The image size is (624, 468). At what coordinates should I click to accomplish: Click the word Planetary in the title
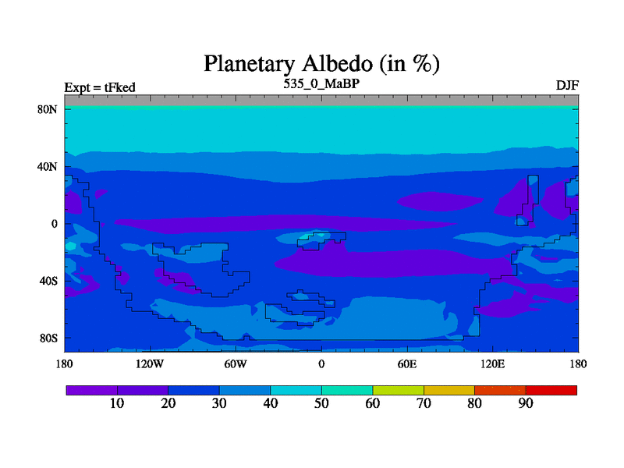(249, 64)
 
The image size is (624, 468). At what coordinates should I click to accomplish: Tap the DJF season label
(567, 86)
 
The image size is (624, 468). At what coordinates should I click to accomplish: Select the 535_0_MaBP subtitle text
(321, 83)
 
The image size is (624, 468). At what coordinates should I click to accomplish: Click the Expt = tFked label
(100, 87)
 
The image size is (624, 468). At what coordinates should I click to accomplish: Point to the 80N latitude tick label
(48, 109)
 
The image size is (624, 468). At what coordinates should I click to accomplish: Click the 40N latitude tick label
(48, 167)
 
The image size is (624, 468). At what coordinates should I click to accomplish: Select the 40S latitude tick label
(48, 281)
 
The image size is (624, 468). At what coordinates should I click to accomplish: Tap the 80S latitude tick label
(48, 339)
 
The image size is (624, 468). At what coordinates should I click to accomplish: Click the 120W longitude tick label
(150, 363)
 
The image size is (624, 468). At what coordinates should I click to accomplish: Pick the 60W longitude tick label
(236, 363)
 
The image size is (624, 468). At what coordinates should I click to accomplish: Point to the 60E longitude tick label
(407, 363)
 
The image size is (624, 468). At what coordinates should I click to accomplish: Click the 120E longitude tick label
(493, 363)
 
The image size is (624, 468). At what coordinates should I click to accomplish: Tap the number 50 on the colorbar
(321, 403)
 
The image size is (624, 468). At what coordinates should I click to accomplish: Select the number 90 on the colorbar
(526, 403)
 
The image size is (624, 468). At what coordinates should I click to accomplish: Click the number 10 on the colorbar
(117, 403)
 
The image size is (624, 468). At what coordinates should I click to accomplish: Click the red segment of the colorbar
(551, 391)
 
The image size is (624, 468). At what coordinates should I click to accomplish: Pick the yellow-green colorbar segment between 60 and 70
(399, 391)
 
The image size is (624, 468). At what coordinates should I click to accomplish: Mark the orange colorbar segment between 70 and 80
(449, 391)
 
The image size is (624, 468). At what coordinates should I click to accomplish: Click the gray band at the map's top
(321, 101)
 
